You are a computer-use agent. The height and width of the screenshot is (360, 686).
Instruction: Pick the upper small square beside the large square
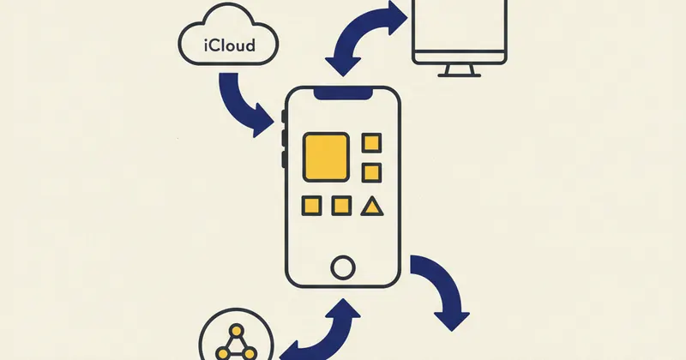point(371,142)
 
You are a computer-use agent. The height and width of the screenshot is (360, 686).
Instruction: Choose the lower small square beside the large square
point(371,171)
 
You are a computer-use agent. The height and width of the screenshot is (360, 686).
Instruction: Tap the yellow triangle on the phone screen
point(371,205)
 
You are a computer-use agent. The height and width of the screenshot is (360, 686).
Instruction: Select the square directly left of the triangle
point(341,206)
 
